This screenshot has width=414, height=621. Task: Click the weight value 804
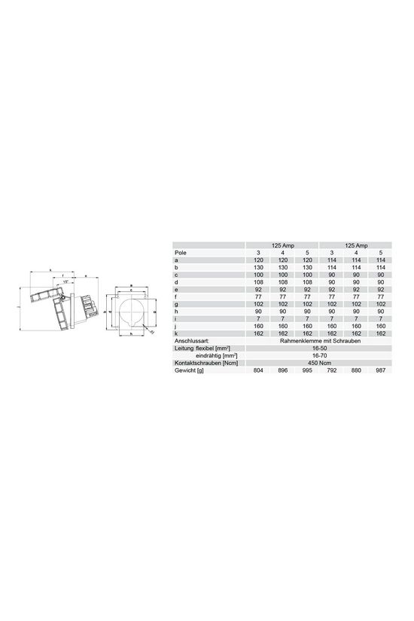tap(258, 370)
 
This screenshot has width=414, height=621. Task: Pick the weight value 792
tap(331, 370)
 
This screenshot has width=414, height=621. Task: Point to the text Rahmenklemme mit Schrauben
tap(318, 342)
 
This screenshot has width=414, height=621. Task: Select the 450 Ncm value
tap(318, 363)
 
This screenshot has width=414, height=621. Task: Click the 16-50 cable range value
tap(318, 349)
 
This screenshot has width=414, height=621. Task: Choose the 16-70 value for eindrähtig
tap(318, 355)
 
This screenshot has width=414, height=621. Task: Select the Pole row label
tap(180, 252)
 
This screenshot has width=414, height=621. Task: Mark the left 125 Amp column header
tap(282, 245)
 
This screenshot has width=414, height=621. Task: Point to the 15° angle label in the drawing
tap(67, 282)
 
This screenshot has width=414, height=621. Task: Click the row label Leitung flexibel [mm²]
tap(200, 349)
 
